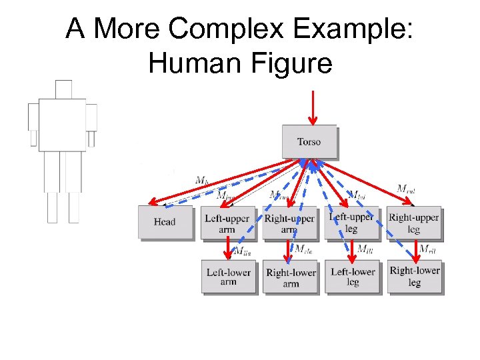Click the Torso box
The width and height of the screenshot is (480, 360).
(x=309, y=141)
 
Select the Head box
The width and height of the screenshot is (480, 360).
(x=164, y=222)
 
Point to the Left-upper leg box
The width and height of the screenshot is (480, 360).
(x=351, y=223)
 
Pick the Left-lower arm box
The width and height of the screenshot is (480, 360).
(x=228, y=277)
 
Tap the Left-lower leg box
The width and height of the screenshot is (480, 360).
(x=353, y=277)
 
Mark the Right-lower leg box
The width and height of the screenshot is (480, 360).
(x=414, y=276)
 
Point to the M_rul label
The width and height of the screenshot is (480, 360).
(x=406, y=189)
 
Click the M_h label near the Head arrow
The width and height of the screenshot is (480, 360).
(x=201, y=179)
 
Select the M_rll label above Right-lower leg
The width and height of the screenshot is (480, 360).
(x=427, y=249)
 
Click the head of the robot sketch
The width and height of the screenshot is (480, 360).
(x=63, y=89)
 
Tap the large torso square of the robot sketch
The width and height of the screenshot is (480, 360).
(x=62, y=125)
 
